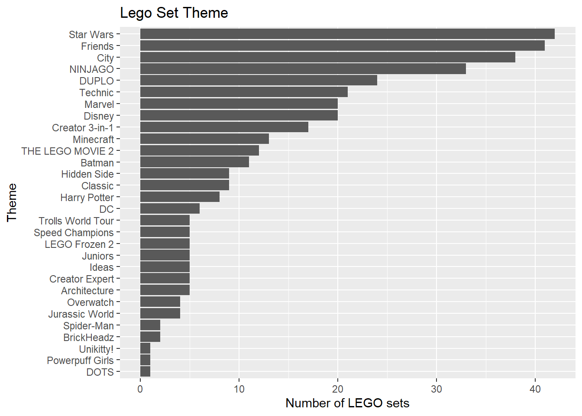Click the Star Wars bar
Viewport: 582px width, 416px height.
pos(347,34)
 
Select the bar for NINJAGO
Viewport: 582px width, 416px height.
pos(303,69)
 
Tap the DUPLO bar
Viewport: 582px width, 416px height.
pos(259,81)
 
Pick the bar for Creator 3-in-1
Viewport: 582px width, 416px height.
pos(224,127)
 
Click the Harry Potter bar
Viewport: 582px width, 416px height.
pos(180,197)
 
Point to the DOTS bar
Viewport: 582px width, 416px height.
pos(145,372)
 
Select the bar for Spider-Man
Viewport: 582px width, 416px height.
pos(150,325)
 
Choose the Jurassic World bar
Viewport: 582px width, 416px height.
pos(160,314)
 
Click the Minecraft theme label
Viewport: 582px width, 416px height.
pos(93,140)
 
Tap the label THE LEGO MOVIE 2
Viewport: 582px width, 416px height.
pos(67,151)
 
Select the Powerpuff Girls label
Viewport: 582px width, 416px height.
pos(80,361)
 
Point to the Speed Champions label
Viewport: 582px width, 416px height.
pos(74,233)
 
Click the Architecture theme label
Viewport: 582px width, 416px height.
pos(87,291)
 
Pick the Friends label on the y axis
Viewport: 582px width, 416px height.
pos(97,46)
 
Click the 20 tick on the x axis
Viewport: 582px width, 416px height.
pos(338,389)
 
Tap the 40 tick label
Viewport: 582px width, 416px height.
pos(535,389)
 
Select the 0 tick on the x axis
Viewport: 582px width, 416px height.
pos(140,389)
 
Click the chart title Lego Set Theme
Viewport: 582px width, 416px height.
pos(174,13)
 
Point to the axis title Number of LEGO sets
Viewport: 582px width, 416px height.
pos(347,403)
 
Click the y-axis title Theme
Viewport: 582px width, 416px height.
pos(12,202)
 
